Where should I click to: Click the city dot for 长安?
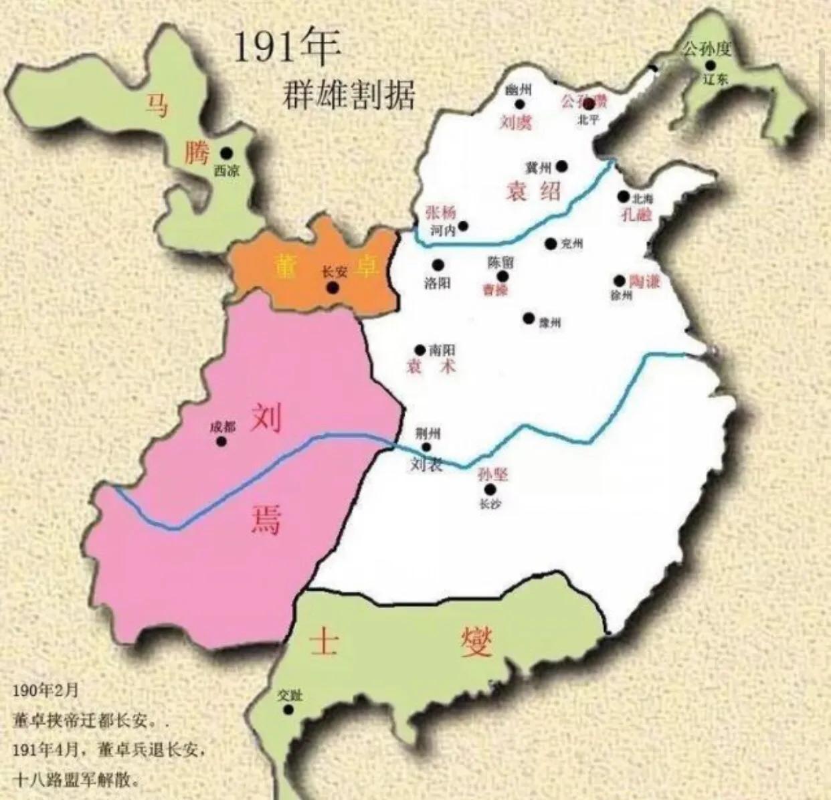(332, 288)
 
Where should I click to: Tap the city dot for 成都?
(221, 441)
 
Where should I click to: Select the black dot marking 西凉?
(228, 153)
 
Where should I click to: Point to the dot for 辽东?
(710, 65)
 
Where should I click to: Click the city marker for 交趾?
(288, 709)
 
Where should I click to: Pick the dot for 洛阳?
(438, 265)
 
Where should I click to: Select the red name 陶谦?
(644, 281)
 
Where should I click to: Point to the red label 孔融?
(636, 215)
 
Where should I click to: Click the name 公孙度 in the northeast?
(707, 48)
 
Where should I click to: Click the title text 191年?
(287, 48)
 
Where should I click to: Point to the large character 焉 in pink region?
(266, 517)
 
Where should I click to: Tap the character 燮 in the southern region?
(476, 643)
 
